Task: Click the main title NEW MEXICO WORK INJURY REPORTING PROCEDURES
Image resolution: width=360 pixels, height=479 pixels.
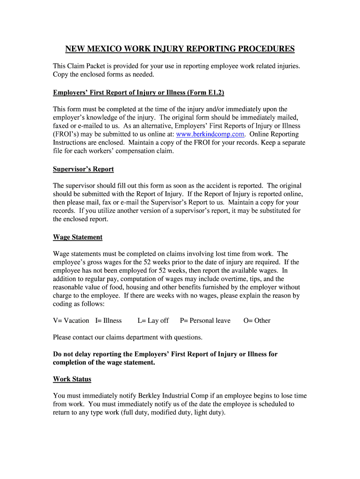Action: point(180,49)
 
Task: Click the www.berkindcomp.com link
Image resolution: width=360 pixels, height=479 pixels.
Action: point(210,134)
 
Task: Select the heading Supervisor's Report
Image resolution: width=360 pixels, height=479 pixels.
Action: point(83,169)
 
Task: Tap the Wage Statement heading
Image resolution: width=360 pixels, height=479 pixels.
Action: point(78,237)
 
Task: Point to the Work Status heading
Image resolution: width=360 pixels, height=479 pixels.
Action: point(72,379)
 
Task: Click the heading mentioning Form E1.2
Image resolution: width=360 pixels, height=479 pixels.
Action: point(138,93)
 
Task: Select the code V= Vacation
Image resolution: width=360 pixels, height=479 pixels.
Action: point(71,320)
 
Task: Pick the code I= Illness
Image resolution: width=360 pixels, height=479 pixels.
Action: point(108,320)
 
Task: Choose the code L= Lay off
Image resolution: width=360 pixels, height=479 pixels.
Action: point(153,320)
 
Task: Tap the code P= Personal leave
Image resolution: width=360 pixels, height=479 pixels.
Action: point(205,320)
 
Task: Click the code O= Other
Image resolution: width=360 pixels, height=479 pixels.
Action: point(257,320)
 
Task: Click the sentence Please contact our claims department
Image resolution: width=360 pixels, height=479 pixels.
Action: point(128,337)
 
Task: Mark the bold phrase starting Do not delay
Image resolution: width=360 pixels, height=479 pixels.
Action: point(165,354)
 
